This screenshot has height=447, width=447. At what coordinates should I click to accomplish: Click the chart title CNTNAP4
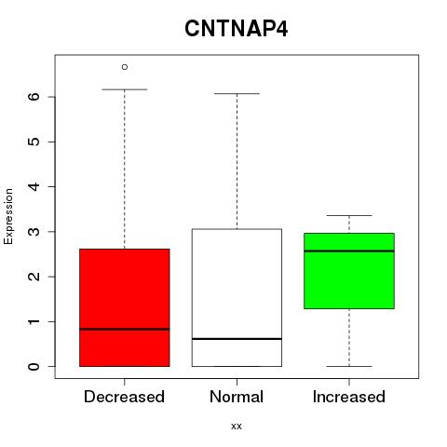237,29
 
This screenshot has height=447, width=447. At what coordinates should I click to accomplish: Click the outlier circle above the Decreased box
125,67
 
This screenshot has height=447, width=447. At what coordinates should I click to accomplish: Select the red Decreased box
125,307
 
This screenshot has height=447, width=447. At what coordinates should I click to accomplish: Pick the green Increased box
349,271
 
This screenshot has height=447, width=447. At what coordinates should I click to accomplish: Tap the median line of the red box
125,329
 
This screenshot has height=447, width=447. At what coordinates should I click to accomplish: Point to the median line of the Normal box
237,339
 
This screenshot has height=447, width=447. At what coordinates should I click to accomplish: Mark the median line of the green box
349,251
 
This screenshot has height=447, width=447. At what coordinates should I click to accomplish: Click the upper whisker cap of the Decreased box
125,89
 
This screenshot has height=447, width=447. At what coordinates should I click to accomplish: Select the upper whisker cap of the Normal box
237,93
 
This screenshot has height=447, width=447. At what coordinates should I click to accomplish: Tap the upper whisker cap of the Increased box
349,215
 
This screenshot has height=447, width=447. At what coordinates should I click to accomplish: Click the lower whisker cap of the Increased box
349,366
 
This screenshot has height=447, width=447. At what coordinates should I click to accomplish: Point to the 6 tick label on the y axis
34,97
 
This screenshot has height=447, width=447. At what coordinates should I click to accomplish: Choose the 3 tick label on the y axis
34,232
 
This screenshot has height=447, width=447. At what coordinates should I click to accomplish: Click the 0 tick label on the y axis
34,367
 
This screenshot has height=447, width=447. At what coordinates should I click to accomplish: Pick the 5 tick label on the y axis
34,142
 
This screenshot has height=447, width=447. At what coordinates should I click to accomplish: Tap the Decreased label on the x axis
124,397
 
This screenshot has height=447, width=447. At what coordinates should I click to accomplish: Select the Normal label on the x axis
237,397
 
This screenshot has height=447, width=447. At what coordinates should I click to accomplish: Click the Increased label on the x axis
349,397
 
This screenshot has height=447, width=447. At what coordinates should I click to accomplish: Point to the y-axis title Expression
8,216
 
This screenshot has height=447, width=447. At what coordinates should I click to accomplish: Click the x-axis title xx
237,427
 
